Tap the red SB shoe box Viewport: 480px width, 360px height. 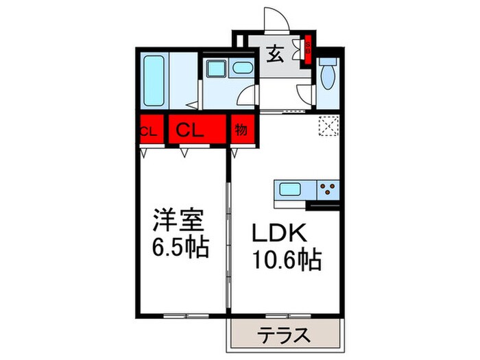(308, 49)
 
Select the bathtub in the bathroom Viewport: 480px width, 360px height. (155, 79)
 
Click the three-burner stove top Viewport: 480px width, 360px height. (328, 189)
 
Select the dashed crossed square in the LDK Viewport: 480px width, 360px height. (327, 127)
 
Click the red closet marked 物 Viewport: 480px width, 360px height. (241, 130)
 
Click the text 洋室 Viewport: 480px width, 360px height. (178, 223)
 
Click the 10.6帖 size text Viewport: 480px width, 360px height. (287, 260)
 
